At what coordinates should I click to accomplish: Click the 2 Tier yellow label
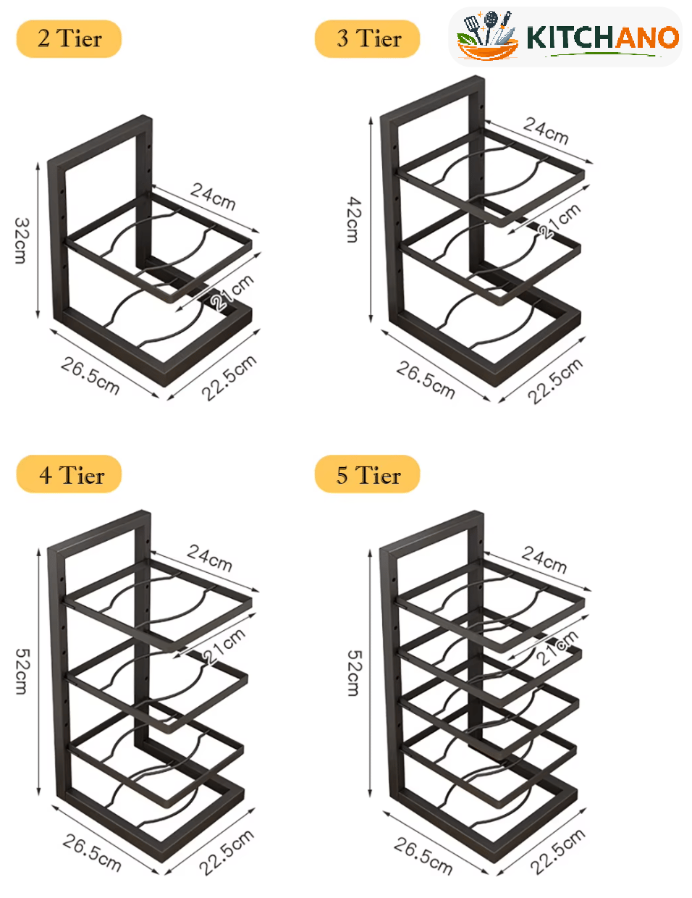pos(69,39)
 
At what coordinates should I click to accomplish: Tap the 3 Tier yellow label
pos(368,39)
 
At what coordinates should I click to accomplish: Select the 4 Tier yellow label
pos(69,474)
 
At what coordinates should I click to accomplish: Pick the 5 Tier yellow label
pos(368,474)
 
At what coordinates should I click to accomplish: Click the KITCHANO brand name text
pos(603,38)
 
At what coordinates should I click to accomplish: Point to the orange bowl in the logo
pos(488,50)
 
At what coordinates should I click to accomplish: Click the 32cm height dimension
pos(21,240)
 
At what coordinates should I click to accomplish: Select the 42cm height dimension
pos(353,219)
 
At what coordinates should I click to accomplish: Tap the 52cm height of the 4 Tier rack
pos(22,672)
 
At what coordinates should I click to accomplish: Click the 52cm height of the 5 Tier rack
pos(354,673)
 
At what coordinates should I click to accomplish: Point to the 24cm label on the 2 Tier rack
pos(213,196)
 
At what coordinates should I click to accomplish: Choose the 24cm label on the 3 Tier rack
pos(546,130)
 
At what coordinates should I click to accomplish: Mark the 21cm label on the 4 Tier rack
pos(224,646)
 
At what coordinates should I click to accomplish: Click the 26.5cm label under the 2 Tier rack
pos(90,376)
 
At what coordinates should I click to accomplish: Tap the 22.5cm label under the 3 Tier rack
pos(555,381)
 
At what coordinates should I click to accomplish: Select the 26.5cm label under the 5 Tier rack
pos(423,856)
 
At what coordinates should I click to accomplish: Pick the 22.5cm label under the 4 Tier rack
pos(227,852)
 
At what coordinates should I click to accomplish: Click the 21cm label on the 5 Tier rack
pos(557,647)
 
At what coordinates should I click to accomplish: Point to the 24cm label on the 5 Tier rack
pos(544,560)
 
